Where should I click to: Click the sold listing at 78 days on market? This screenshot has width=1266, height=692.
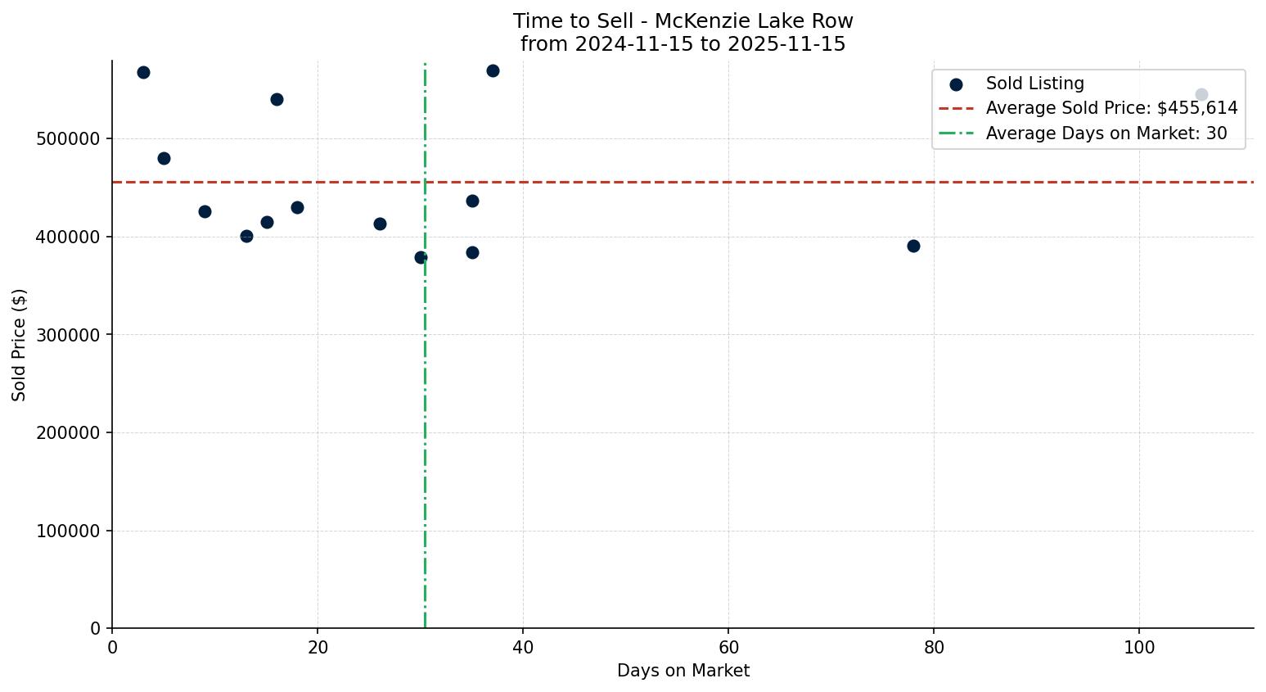coord(913,246)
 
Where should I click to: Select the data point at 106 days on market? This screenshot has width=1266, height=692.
coord(1201,95)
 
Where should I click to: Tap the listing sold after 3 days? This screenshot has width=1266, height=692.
coord(143,72)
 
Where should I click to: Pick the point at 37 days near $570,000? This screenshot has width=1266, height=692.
coord(493,70)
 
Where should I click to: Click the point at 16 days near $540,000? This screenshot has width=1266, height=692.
coord(277,99)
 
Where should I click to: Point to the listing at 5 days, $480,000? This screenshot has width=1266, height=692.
coord(164,158)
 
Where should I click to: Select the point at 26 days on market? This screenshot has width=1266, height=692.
coord(380,224)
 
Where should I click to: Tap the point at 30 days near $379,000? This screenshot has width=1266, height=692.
coord(421,257)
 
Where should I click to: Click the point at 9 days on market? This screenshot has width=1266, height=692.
coord(205,211)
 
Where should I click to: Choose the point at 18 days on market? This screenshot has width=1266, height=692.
coord(297,207)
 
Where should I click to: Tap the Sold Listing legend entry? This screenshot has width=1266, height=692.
coord(1034,84)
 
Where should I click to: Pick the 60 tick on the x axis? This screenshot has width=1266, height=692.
coord(728,648)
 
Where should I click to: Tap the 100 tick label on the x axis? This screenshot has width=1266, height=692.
coord(1139,648)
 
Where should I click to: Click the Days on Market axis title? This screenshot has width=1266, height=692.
coord(683,671)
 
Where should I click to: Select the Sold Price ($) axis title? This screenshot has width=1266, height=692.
coord(19,345)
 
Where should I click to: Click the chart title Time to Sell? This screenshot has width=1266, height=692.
coord(683,21)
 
